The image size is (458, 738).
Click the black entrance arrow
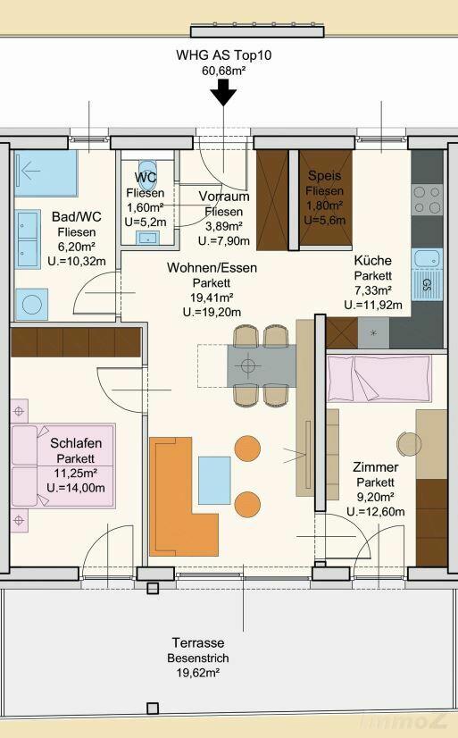tap(223, 92)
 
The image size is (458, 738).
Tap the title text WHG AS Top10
tap(224, 55)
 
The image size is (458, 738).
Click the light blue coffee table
tap(214, 480)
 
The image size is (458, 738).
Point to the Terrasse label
tap(198, 642)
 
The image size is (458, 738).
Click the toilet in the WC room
tap(147, 172)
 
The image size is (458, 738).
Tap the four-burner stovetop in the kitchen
tap(427, 199)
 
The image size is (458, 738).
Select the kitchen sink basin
tap(427, 258)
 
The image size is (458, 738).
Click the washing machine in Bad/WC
tap(31, 305)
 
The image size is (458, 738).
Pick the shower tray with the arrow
tap(46, 173)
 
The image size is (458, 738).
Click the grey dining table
tap(262, 365)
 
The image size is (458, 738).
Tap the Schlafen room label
tap(76, 443)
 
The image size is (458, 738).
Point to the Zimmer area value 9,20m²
tap(375, 497)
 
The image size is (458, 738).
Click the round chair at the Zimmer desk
tap(409, 444)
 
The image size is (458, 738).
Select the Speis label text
tap(324, 175)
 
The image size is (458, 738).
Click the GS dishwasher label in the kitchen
tap(427, 284)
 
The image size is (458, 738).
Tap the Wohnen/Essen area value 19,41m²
tap(212, 297)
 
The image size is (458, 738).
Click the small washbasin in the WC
tap(147, 238)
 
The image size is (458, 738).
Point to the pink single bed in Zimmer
tap(379, 379)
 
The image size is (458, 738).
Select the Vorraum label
tap(224, 196)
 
